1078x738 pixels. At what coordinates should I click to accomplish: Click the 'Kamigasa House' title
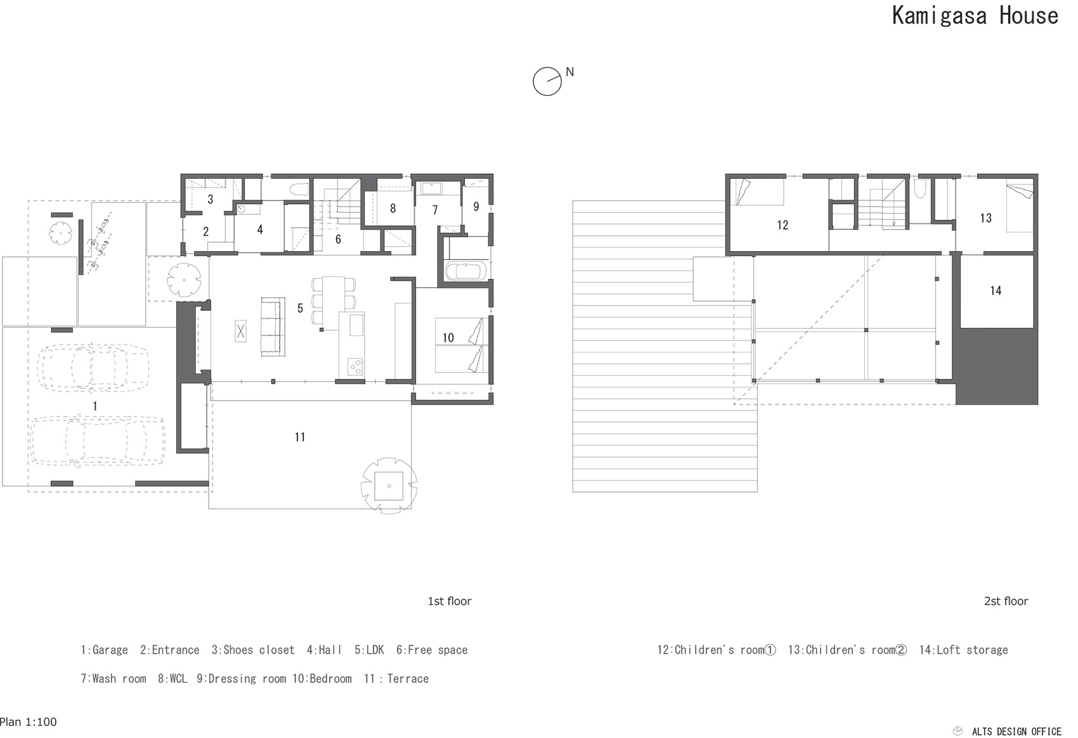975,16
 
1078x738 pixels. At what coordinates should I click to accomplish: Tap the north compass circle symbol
547,82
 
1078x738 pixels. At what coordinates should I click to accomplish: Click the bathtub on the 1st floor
466,271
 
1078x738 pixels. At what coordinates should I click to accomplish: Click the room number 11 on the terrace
300,437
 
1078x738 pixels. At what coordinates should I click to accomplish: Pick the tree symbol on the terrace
389,484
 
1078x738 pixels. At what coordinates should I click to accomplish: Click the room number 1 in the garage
95,406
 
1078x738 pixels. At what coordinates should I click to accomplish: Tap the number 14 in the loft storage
996,291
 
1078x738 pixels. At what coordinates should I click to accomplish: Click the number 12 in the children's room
783,225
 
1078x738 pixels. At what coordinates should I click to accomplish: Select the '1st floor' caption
450,601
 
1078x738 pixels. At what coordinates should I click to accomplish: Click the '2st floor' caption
1006,601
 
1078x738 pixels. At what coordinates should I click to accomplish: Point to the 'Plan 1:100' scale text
29,722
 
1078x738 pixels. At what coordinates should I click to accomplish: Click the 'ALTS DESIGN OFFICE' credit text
1016,731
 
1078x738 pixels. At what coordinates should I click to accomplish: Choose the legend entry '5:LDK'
369,650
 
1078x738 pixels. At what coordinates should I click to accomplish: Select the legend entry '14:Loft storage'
963,650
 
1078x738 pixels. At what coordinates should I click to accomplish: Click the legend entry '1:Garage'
104,650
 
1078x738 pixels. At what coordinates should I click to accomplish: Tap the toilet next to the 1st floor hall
298,189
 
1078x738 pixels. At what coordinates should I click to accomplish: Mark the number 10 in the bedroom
448,338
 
